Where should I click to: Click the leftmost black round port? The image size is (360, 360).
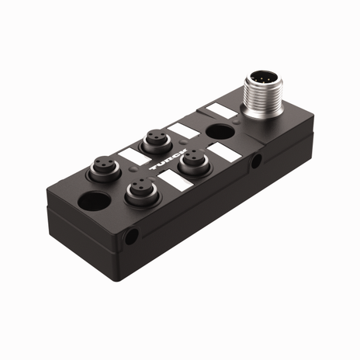point(102,166)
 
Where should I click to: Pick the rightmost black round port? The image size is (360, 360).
point(191,166)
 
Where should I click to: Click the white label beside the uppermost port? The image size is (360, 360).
point(184,130)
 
